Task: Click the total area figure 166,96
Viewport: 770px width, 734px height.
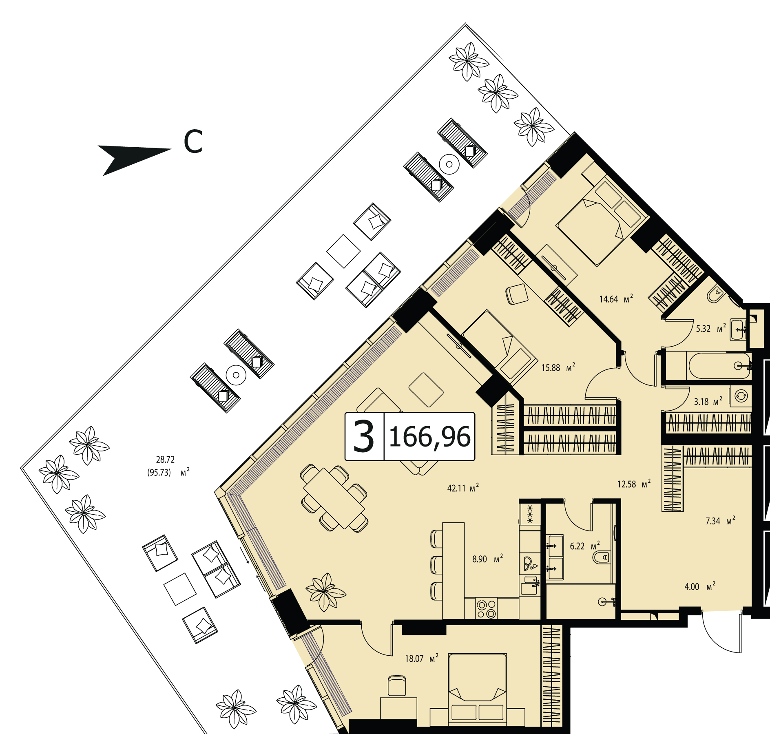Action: [x=430, y=437]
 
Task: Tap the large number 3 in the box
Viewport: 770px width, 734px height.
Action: [x=364, y=437]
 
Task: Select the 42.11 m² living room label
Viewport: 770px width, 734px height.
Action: [x=463, y=488]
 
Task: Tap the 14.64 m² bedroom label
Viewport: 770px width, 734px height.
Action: [x=616, y=298]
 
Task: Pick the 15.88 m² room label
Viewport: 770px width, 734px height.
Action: [x=558, y=367]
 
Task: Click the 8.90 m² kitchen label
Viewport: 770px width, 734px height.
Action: [x=488, y=559]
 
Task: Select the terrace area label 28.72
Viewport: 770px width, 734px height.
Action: [x=165, y=460]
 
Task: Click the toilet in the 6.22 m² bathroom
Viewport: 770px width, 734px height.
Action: [x=602, y=557]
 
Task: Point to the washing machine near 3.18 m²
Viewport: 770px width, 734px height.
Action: [x=741, y=396]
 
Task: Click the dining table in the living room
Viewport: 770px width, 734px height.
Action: [x=334, y=498]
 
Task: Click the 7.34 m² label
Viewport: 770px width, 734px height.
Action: [x=720, y=520]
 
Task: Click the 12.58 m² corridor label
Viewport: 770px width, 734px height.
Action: [x=634, y=484]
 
